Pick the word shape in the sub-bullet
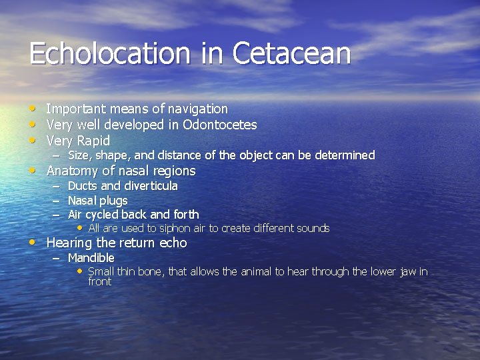pyautogui.click(x=114, y=155)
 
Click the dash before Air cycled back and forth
pyautogui.click(x=56, y=215)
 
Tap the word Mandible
pyautogui.click(x=91, y=258)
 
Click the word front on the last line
pyautogui.click(x=99, y=281)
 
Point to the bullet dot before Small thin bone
pyautogui.click(x=81, y=271)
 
